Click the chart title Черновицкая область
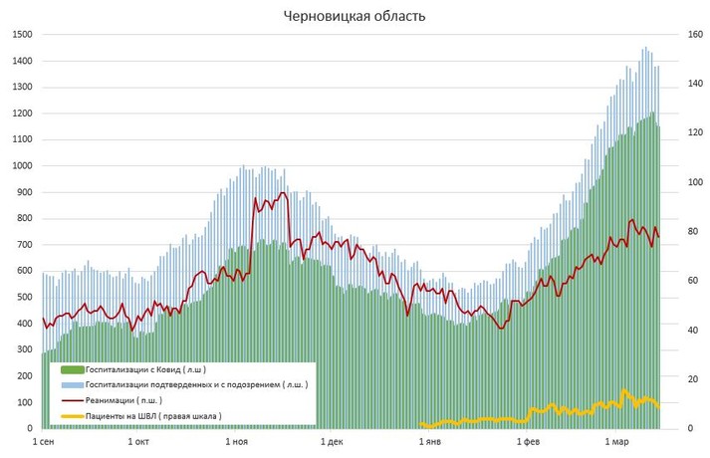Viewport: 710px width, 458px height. pyautogui.click(x=354, y=16)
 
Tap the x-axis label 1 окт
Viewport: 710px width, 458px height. pyautogui.click(x=139, y=441)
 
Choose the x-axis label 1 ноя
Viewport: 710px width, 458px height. pyautogui.click(x=237, y=441)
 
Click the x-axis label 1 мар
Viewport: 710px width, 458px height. pyautogui.click(x=616, y=441)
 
